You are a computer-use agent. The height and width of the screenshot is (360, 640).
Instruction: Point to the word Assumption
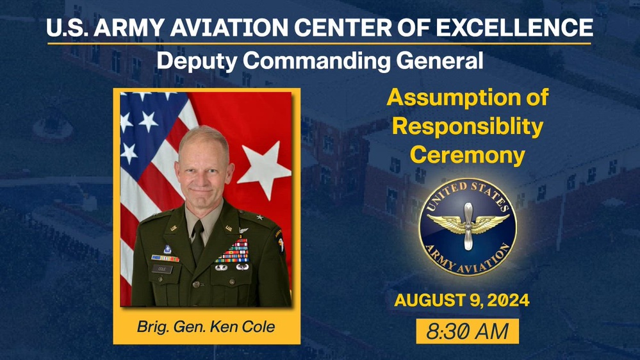point(468,98)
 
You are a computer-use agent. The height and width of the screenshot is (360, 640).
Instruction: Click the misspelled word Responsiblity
point(468,126)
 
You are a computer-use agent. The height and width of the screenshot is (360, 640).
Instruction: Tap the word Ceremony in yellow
point(468,154)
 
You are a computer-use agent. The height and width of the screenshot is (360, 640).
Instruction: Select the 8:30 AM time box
point(467,331)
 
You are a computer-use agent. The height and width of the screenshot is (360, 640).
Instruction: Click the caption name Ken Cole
point(247,327)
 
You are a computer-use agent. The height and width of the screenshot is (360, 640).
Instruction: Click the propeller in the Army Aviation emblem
point(468,227)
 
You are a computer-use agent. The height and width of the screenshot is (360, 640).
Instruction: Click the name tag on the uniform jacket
point(162,269)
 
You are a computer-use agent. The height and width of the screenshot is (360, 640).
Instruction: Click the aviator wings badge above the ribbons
point(243,236)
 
